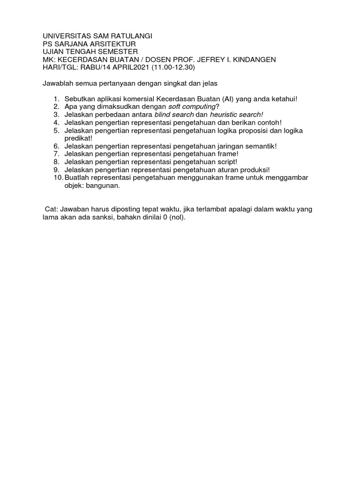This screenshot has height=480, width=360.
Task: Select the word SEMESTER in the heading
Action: click(117, 52)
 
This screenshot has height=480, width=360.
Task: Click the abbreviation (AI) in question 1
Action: click(231, 99)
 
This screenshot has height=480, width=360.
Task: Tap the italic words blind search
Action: click(174, 115)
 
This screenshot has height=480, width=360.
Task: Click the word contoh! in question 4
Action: click(268, 123)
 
